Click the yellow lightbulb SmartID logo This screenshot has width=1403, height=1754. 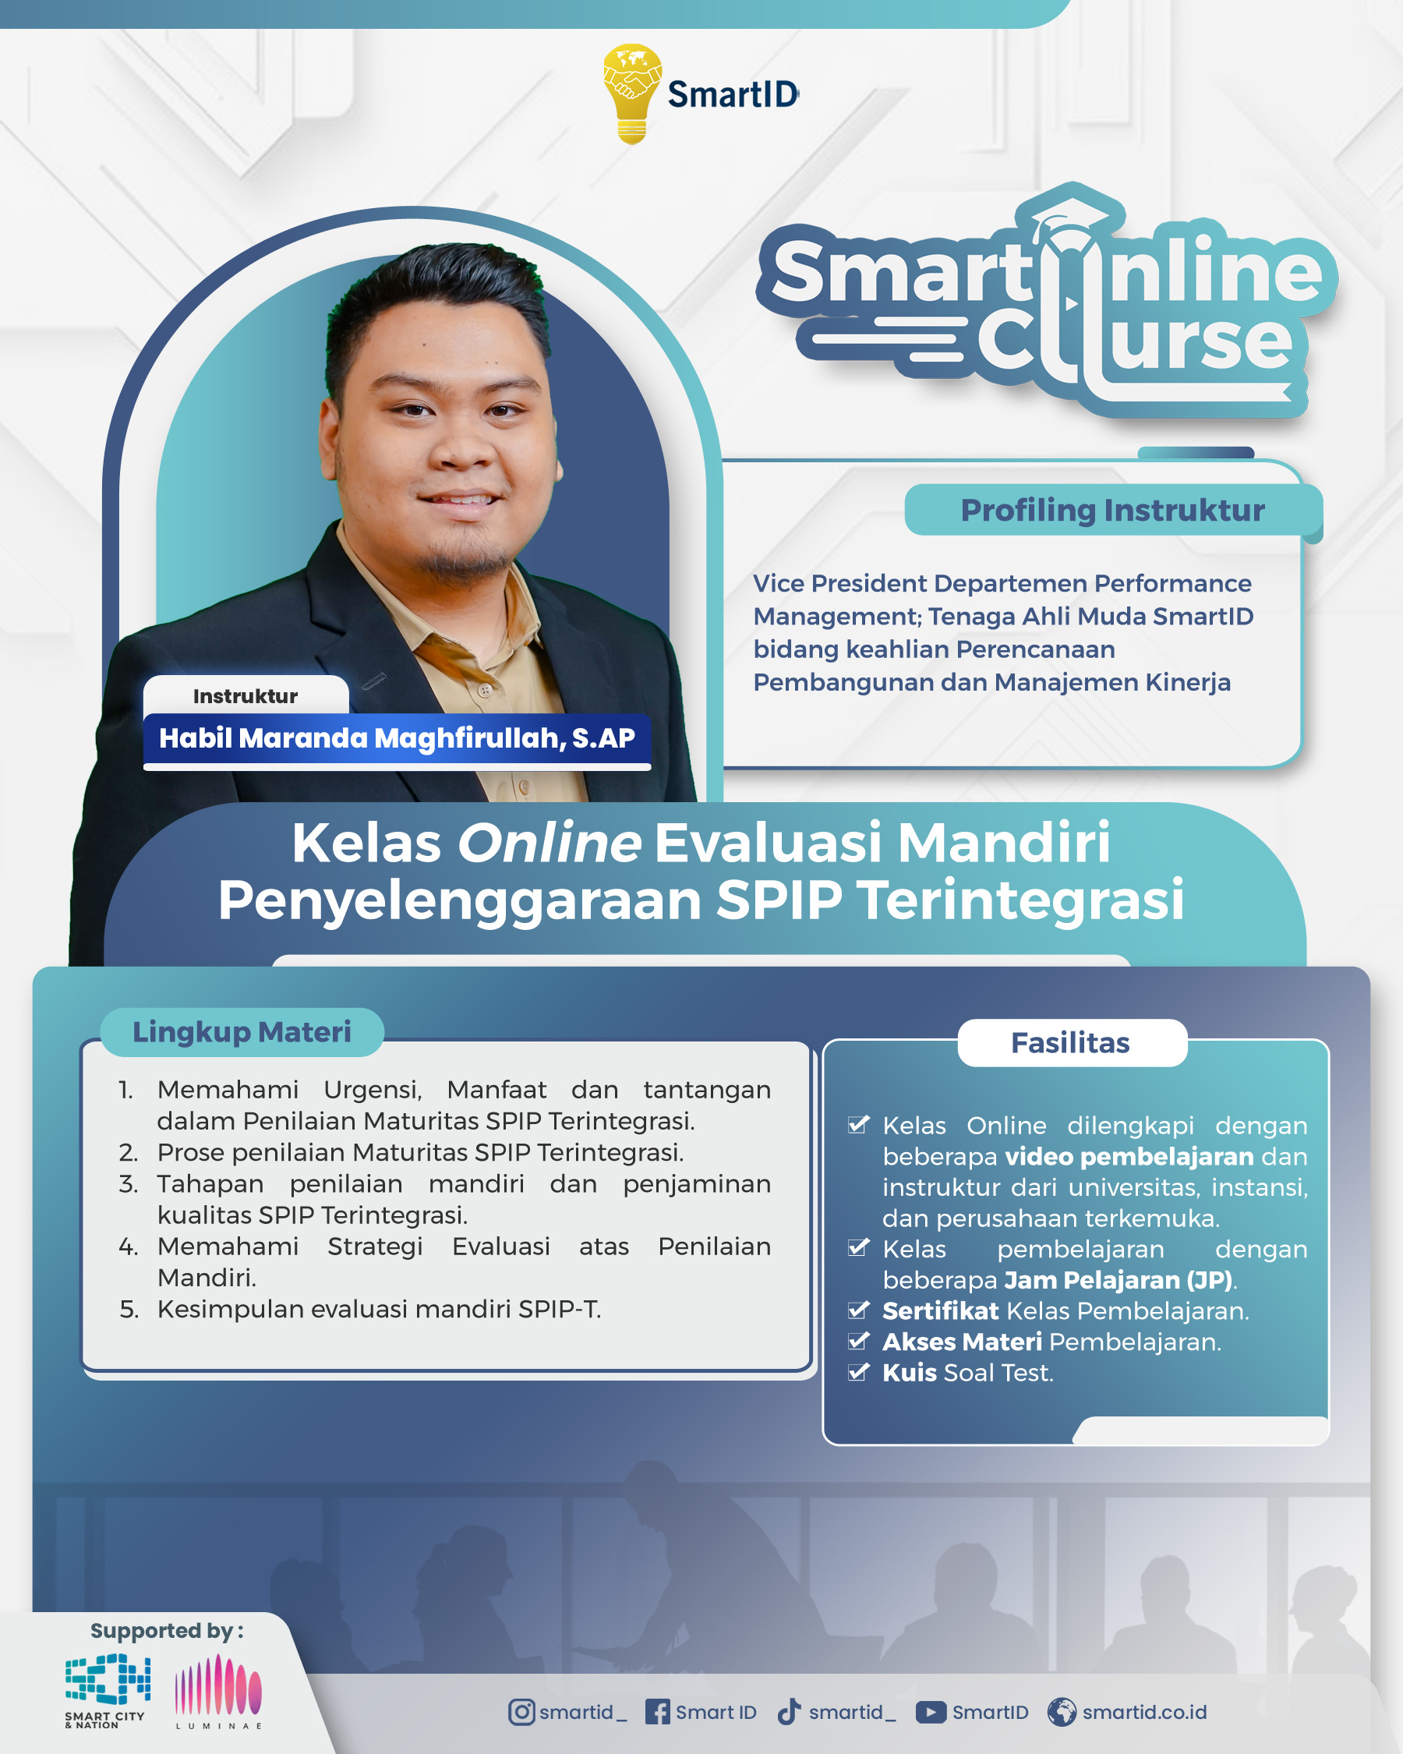pyautogui.click(x=632, y=94)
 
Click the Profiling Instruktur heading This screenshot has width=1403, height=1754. pyautogui.click(x=1112, y=510)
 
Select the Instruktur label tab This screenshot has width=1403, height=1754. pyautogui.click(x=246, y=695)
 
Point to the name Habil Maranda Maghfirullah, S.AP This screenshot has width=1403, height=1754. pyautogui.click(x=397, y=738)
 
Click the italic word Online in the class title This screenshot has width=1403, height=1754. pyautogui.click(x=549, y=842)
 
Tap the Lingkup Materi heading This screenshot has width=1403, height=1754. pyautogui.click(x=242, y=1031)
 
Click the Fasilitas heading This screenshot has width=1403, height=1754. pyautogui.click(x=1070, y=1042)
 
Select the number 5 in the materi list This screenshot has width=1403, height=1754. pyautogui.click(x=129, y=1309)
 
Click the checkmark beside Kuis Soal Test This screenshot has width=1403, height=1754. pyautogui.click(x=859, y=1373)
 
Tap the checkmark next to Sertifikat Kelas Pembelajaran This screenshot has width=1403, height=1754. pyautogui.click(x=859, y=1310)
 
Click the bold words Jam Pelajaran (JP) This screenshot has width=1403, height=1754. pyautogui.click(x=1119, y=1281)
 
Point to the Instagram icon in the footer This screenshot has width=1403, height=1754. pyautogui.click(x=521, y=1712)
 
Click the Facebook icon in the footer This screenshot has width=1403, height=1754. pyautogui.click(x=657, y=1712)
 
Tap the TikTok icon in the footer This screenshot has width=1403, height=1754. pyautogui.click(x=789, y=1712)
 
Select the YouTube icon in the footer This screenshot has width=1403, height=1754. pyautogui.click(x=931, y=1712)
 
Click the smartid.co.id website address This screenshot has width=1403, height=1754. pyautogui.click(x=1144, y=1712)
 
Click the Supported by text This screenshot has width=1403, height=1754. pyautogui.click(x=167, y=1631)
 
